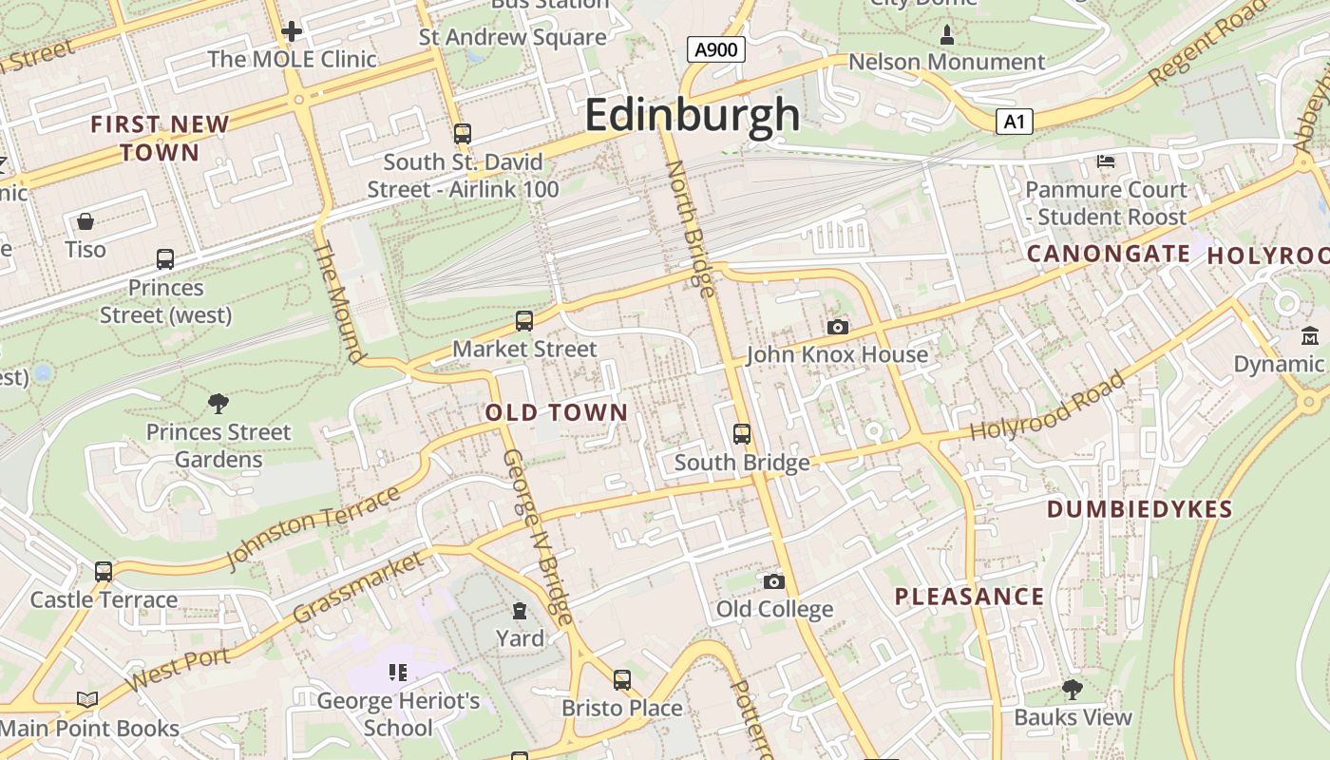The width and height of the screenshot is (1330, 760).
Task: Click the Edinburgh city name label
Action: pos(693,115)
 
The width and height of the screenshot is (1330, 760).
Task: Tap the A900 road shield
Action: pos(715,49)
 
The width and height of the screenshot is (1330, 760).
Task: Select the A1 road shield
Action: pos(1015,122)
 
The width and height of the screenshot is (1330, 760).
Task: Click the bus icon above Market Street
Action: pos(524,321)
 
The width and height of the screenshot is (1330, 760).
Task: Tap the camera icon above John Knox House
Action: pos(837,327)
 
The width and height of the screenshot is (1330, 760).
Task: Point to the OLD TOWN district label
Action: pos(557,412)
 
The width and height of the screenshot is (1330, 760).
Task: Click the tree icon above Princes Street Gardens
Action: pos(218,404)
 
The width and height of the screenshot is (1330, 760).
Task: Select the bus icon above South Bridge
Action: pos(742,434)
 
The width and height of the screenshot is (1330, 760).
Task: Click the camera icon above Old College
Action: pos(774,581)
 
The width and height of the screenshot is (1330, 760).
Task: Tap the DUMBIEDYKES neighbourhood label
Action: pos(1139,509)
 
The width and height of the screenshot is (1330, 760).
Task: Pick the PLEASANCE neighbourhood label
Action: pos(969,597)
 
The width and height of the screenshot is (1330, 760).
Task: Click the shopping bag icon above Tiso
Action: pos(85,221)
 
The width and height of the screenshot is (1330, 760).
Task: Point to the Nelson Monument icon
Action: pos(946,36)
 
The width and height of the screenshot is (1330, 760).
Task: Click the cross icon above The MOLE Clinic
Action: pos(292,31)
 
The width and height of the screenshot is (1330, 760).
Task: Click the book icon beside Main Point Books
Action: pos(87,700)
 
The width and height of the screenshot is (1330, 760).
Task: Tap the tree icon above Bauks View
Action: pos(1073,689)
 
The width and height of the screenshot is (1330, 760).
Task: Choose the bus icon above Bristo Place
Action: pos(622,680)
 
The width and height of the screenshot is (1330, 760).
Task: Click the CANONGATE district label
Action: pos(1108,254)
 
